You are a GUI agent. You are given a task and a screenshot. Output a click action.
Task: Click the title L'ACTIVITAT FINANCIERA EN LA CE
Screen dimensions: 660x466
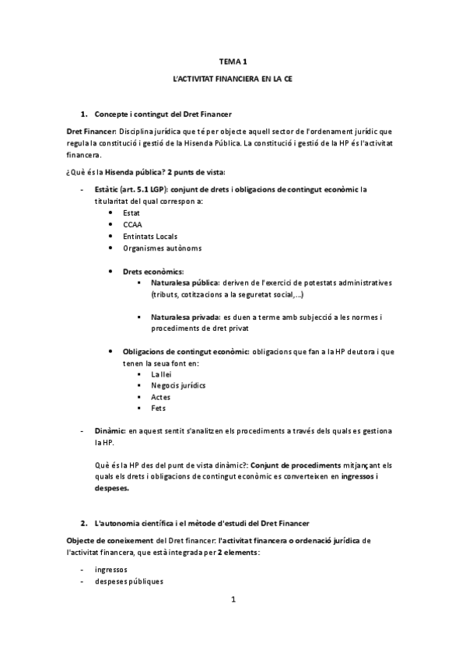233,79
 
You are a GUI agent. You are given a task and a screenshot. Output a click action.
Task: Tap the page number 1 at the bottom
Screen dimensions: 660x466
233,599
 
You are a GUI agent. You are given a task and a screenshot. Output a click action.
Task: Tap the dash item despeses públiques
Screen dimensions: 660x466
128,581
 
